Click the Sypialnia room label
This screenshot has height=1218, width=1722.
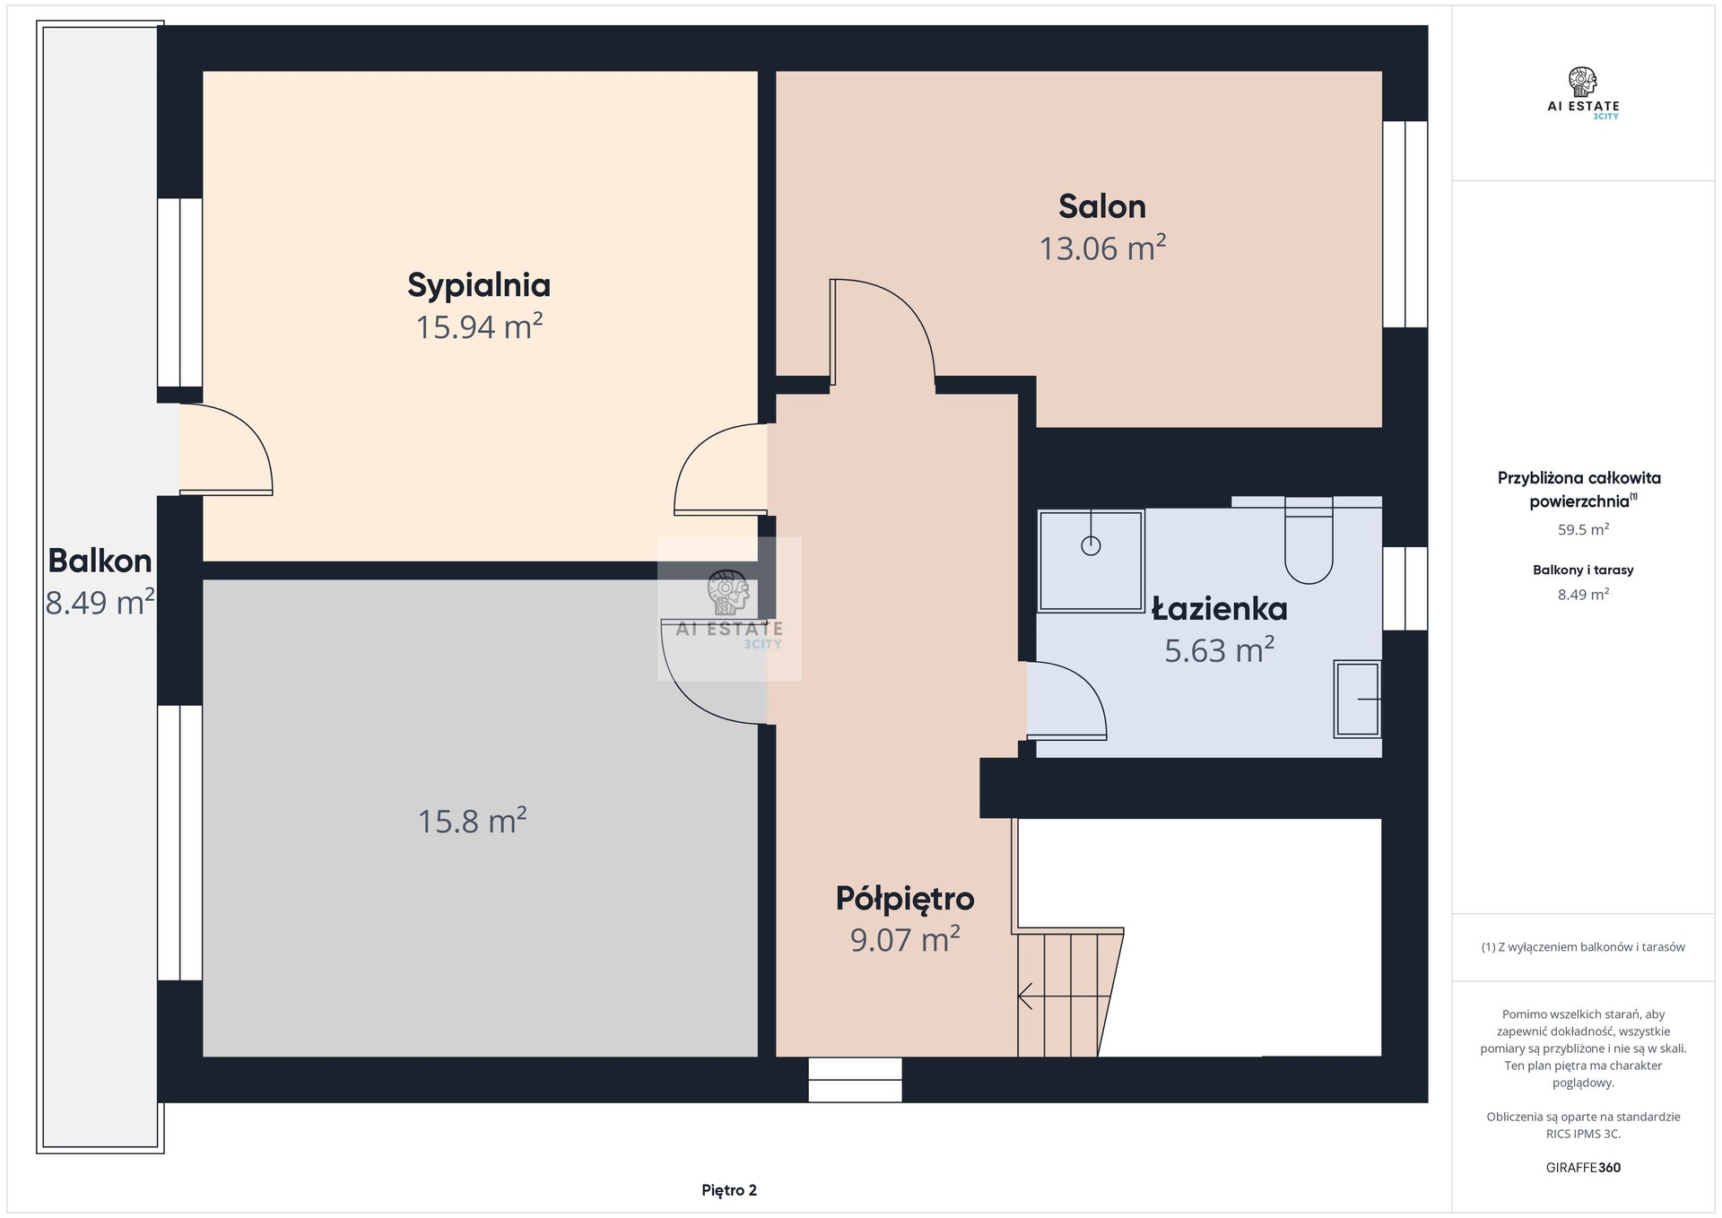[x=479, y=285]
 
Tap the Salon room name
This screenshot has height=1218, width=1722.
[x=1102, y=206]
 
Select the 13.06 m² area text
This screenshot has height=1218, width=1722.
[x=1102, y=248]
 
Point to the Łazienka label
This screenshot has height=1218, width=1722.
[x=1219, y=608]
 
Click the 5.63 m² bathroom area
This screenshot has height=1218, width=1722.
[x=1219, y=649]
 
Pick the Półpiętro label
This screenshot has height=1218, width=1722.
[x=905, y=898]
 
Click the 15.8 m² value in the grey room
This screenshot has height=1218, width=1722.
[x=472, y=821]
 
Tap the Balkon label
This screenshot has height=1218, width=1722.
[x=100, y=561]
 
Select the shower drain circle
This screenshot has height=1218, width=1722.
[x=1091, y=545]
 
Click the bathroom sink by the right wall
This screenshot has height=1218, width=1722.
[x=1357, y=699]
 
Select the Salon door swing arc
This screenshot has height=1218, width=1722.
[x=906, y=309]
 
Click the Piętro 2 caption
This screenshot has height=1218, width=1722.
[x=729, y=1190]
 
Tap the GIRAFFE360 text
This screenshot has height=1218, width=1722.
[x=1583, y=1168]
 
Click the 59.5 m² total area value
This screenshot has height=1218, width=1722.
[x=1583, y=530]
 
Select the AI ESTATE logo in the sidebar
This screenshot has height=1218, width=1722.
[x=1583, y=93]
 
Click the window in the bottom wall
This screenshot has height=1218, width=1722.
[x=855, y=1079]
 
